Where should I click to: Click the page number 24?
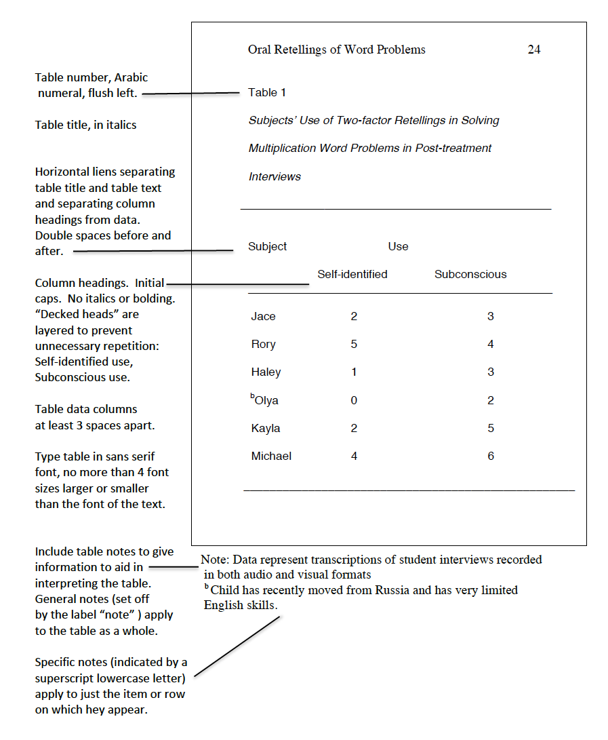(x=534, y=50)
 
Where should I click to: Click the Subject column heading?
(x=268, y=247)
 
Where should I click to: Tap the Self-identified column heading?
(x=352, y=275)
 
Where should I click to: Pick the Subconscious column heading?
(x=470, y=275)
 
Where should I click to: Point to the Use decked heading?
(x=398, y=247)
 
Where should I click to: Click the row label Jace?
(x=263, y=317)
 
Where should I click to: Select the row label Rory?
(x=263, y=345)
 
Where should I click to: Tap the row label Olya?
(x=266, y=401)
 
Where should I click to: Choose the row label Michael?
(x=271, y=456)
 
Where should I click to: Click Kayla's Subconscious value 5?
(x=491, y=429)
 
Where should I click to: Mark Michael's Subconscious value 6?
(x=491, y=456)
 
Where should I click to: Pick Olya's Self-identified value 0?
(x=354, y=401)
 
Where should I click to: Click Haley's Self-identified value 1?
(x=354, y=372)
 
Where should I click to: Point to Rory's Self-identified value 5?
(x=354, y=345)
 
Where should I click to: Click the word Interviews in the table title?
(x=275, y=177)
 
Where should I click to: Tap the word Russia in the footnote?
(x=392, y=590)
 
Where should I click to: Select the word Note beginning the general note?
(x=214, y=560)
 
